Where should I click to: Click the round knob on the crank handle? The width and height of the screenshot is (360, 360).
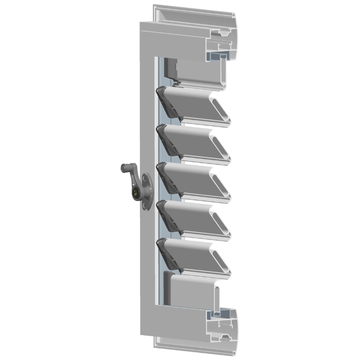pyautogui.click(x=124, y=169)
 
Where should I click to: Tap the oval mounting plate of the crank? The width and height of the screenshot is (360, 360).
pyautogui.click(x=146, y=192)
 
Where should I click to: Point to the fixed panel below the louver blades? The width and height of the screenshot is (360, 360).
pyautogui.click(x=189, y=292)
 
